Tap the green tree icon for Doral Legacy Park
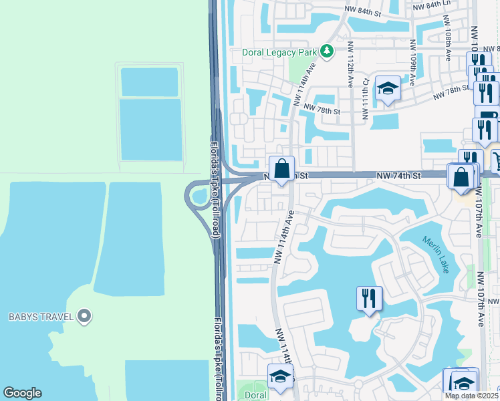click(326, 51)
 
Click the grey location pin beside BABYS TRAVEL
click(84, 316)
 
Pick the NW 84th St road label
click(362, 12)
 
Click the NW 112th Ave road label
click(350, 63)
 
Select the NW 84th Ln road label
click(431, 5)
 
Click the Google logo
click(22, 393)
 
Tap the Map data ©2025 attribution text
click(471, 396)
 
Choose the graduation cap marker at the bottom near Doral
click(279, 376)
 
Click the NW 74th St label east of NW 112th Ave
click(398, 175)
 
